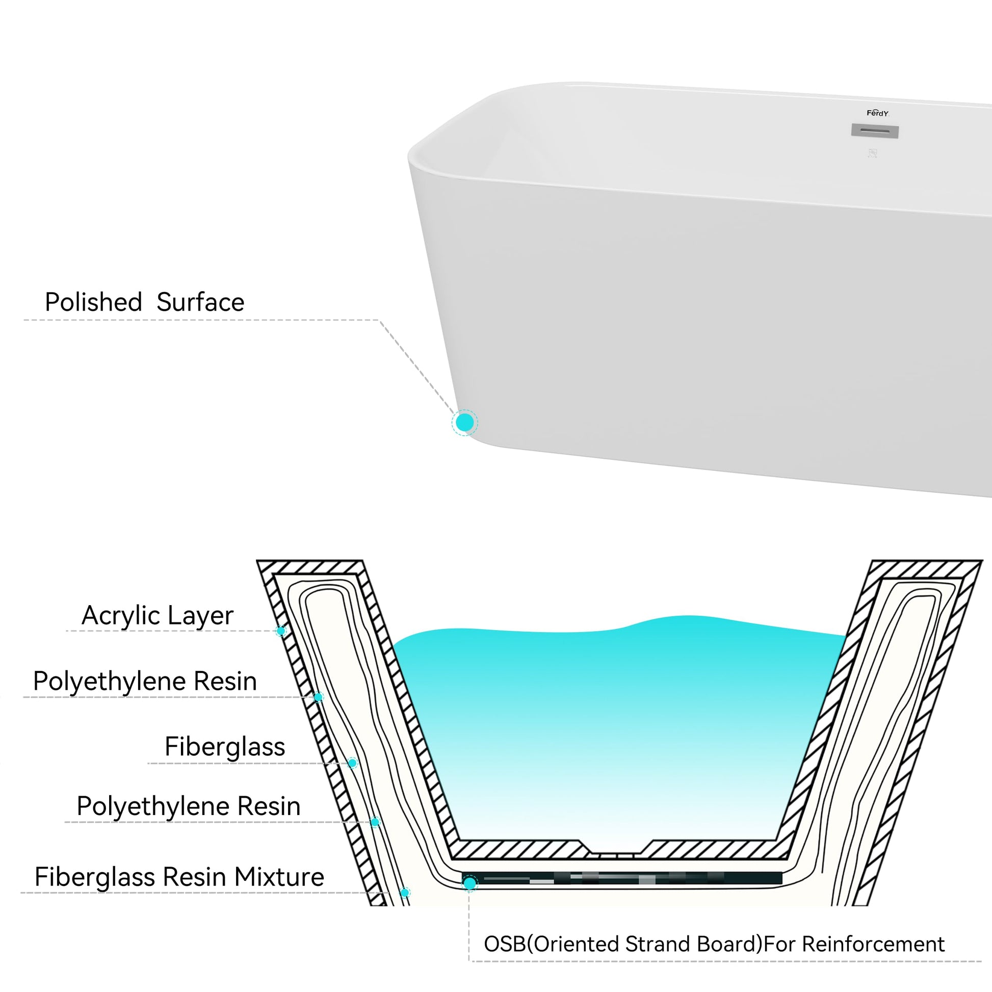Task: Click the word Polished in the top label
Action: tap(93, 302)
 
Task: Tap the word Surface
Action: tap(200, 302)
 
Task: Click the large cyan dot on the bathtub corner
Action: tap(465, 423)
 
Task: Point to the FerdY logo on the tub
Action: tap(877, 113)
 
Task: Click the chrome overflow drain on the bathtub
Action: tap(875, 131)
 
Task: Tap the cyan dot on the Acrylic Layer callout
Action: tap(281, 631)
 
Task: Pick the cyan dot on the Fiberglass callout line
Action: tap(352, 763)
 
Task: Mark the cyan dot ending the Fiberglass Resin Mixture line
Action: tap(405, 893)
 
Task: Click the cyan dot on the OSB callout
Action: tap(469, 883)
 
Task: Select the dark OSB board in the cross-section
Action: tap(621, 878)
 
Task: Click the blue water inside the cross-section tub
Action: tap(616, 719)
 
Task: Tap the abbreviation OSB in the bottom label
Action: tap(505, 944)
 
